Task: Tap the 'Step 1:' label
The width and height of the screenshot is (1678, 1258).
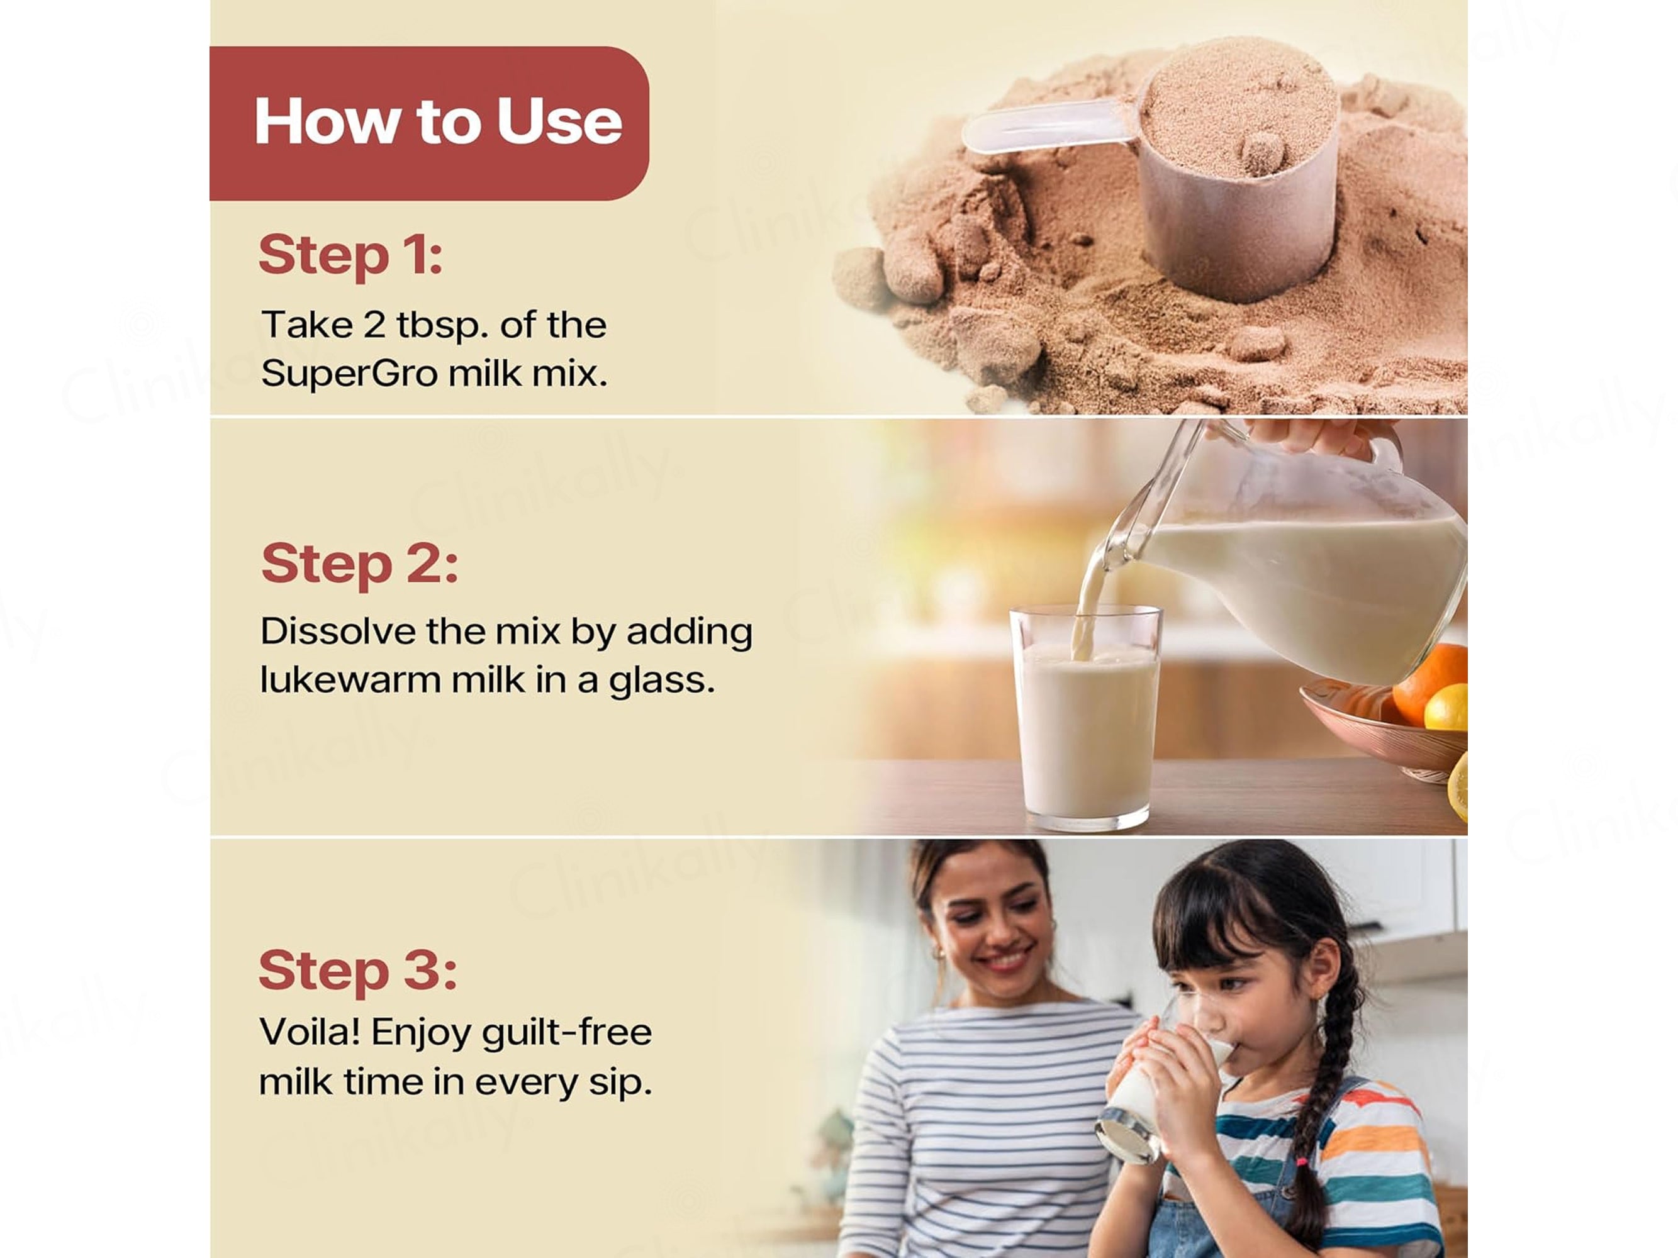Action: (x=350, y=256)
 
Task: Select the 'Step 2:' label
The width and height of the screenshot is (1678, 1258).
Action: (x=360, y=564)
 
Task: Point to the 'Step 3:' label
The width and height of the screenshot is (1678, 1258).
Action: (x=358, y=971)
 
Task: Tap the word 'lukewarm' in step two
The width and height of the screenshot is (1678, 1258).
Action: (x=350, y=679)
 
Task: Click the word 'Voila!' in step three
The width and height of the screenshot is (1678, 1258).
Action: (x=310, y=1032)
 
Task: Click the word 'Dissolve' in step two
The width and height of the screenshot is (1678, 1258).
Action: (x=338, y=631)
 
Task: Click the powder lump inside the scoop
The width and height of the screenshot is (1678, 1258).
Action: (x=1261, y=154)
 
